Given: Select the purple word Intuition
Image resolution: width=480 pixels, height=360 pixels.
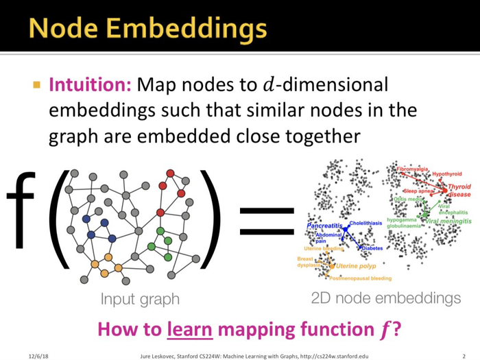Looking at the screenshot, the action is [x=90, y=86].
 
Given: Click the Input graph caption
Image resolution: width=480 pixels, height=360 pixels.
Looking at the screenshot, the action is [x=140, y=299].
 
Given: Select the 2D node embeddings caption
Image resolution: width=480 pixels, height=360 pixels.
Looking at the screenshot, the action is [x=385, y=298].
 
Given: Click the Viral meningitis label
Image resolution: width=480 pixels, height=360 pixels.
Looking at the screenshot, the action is [x=448, y=221].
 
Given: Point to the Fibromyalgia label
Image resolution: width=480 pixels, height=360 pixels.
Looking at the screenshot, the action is [x=413, y=169].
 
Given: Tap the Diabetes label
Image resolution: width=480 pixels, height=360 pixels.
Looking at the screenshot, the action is [x=372, y=248].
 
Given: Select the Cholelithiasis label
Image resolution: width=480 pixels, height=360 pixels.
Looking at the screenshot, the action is [x=365, y=224].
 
